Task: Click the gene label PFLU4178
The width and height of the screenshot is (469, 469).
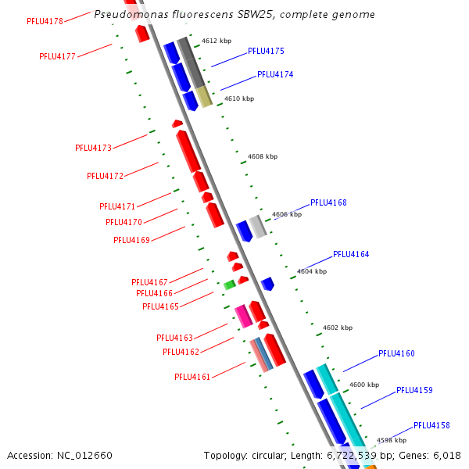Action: (x=45, y=21)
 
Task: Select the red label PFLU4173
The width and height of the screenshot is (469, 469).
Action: (x=93, y=148)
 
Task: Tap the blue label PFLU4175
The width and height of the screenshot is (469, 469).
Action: (x=266, y=51)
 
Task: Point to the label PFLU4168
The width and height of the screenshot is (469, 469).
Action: (x=328, y=202)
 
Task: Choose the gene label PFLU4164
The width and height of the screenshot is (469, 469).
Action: (x=351, y=254)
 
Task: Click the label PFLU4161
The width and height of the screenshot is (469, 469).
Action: (x=192, y=377)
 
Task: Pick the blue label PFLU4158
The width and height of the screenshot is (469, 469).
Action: (x=431, y=425)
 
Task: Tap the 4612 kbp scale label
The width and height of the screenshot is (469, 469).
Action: (x=217, y=41)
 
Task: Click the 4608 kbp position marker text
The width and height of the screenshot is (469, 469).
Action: (x=263, y=156)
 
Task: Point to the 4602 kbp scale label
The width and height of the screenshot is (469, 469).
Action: (x=338, y=328)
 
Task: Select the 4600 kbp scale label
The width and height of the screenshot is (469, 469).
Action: (x=364, y=385)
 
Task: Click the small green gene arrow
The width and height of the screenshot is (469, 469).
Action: (x=229, y=285)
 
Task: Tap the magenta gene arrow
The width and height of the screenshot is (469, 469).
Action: (x=243, y=316)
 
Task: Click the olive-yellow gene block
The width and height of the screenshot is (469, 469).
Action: (x=204, y=97)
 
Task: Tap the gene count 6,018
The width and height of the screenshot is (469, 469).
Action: (x=447, y=455)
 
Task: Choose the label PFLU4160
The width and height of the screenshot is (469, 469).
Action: (x=396, y=353)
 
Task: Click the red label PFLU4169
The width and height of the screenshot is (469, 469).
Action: (x=131, y=240)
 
